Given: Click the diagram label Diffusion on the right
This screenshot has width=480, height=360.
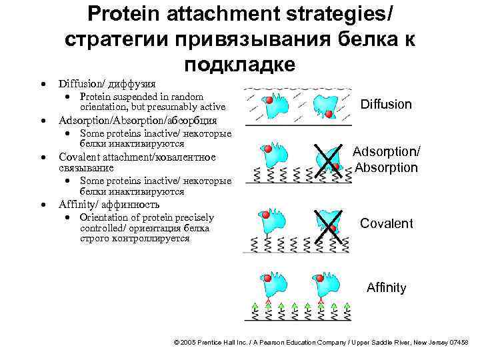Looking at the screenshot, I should tap(386, 104).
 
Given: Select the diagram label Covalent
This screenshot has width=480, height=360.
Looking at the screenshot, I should tap(386, 223).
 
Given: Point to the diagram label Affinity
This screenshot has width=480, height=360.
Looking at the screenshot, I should tap(386, 288).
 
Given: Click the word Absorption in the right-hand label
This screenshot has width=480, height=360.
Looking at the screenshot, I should tap(386, 167).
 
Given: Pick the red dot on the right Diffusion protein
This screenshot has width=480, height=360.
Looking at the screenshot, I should tap(329, 114).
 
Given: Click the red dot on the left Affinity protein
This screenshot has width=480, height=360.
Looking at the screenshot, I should tap(267, 277).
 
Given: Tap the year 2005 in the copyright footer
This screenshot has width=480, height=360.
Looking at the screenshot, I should tap(190, 342).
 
